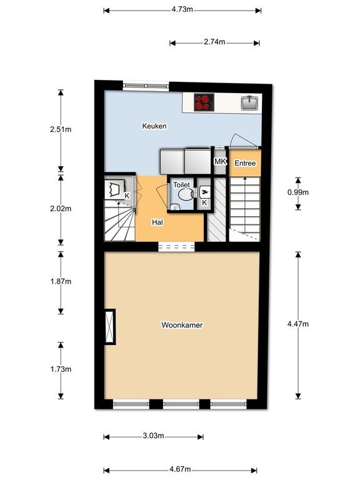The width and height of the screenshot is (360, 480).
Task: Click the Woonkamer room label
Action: tap(182, 325)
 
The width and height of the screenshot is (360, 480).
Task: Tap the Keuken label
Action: tap(154, 126)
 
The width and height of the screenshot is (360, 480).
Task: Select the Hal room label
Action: tap(157, 222)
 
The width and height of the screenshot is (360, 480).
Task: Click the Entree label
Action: tap(244, 163)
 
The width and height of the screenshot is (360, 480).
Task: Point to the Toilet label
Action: tap(181, 185)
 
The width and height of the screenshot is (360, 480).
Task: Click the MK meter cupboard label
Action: tap(220, 161)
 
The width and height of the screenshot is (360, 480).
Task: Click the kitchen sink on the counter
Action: tap(250, 102)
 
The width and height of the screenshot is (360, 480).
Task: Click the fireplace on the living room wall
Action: tap(111, 326)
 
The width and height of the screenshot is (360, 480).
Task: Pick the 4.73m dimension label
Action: tap(182, 10)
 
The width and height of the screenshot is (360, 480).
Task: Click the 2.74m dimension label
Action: tap(214, 42)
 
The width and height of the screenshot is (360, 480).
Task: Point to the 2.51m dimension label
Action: tap(61, 130)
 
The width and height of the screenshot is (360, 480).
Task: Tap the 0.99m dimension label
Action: tap(298, 192)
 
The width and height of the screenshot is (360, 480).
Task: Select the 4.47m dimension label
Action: tap(298, 324)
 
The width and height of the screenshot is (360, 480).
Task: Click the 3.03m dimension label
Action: tap(153, 436)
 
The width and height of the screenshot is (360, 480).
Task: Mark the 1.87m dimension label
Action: tap(61, 282)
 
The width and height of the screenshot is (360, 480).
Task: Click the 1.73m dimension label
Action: tap(61, 369)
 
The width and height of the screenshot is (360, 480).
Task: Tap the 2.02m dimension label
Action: tap(61, 209)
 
